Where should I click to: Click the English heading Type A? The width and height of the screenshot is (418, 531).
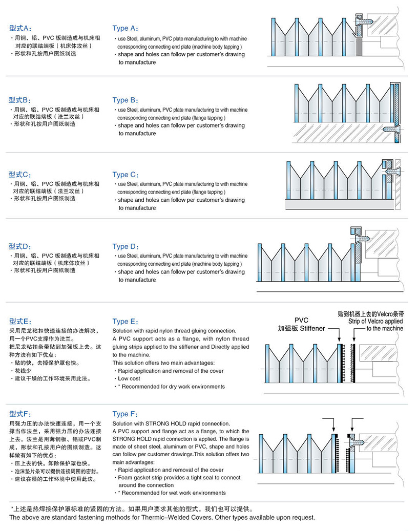(125, 29)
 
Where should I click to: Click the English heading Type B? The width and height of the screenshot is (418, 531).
(125, 100)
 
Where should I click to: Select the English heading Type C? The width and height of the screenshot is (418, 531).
(125, 175)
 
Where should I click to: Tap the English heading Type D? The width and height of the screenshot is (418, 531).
(125, 246)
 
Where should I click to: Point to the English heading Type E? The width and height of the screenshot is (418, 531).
(125, 321)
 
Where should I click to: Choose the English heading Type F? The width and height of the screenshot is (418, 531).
(124, 414)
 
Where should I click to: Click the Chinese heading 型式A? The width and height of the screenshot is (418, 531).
(20, 28)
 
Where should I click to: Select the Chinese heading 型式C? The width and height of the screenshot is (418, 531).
(20, 174)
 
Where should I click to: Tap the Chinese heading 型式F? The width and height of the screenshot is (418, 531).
(20, 413)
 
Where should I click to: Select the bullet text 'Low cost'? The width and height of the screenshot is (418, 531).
(130, 378)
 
